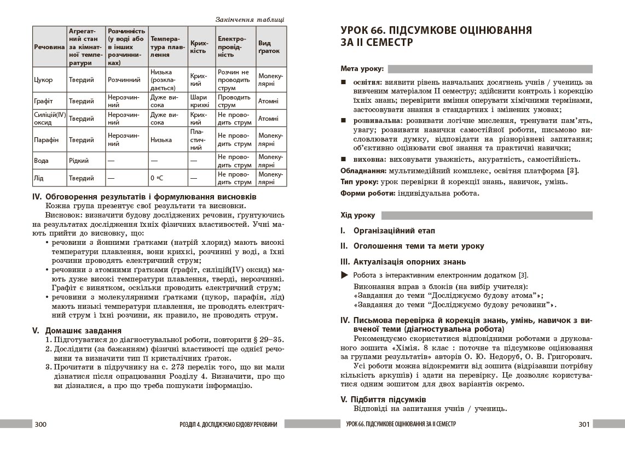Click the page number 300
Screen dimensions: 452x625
42,424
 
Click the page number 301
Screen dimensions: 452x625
583,424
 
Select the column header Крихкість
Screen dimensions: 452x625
198,46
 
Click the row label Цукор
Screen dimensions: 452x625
43,80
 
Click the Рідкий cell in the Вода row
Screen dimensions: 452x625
78,161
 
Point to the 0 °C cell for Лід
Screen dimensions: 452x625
157,178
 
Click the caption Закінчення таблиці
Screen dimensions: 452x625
250,20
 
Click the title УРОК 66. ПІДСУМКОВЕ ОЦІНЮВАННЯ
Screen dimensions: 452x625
436,30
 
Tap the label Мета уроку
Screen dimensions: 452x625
362,69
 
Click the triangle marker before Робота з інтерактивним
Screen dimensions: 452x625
344,275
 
